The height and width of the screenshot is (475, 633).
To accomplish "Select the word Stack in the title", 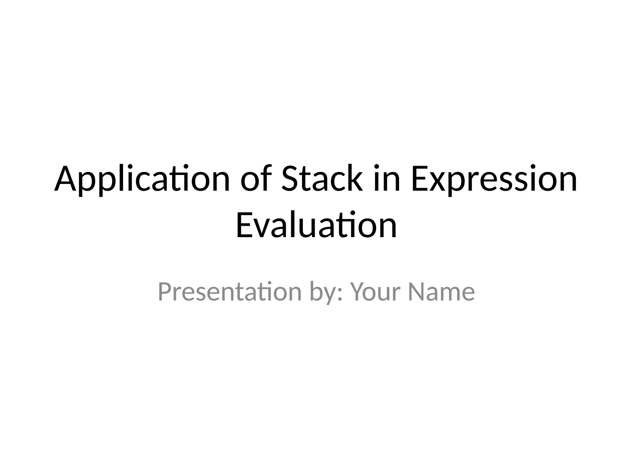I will [322, 179].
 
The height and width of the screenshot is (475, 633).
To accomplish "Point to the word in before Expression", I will [387, 179].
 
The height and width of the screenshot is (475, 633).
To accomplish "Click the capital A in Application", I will [65, 179].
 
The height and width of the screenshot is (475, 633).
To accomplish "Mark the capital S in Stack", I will [291, 179].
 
